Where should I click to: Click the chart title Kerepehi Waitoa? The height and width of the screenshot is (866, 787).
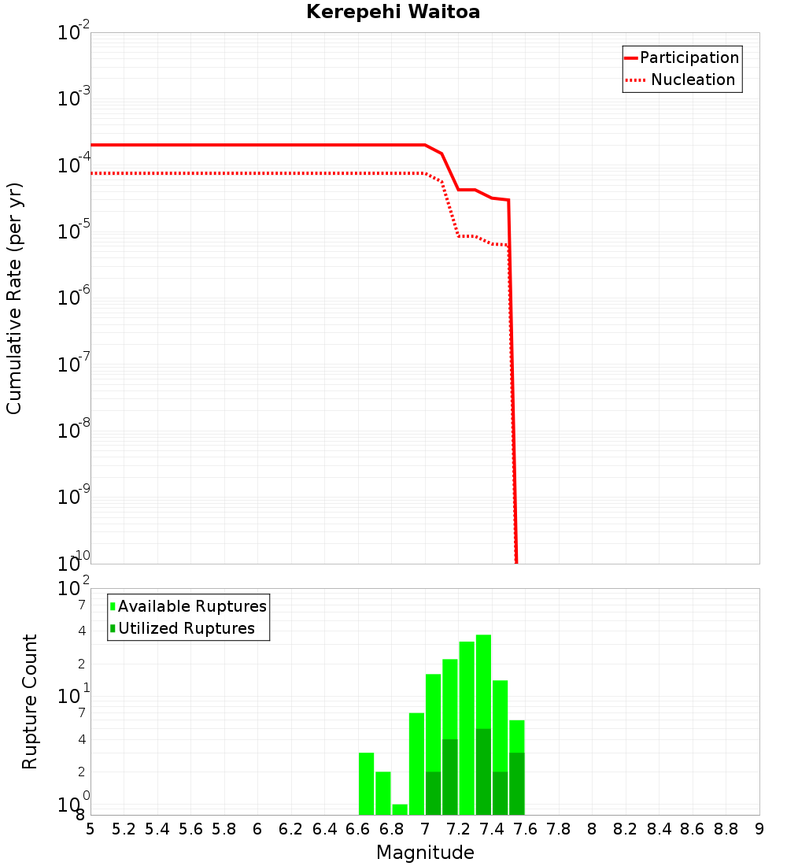[x=393, y=12]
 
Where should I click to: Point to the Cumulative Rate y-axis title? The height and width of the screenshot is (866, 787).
[x=14, y=298]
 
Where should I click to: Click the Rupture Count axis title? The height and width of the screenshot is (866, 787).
[x=30, y=701]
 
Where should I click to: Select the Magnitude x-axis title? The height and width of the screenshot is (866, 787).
[x=425, y=853]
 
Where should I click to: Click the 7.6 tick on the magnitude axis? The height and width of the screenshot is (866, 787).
[x=525, y=829]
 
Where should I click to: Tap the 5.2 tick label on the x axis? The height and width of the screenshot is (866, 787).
[x=124, y=829]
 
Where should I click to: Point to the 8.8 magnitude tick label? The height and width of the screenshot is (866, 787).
[x=726, y=829]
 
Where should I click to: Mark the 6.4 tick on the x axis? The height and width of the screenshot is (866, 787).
[x=324, y=829]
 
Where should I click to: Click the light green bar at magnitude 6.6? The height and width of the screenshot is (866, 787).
[x=366, y=783]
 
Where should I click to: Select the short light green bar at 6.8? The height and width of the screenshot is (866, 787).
[x=400, y=809]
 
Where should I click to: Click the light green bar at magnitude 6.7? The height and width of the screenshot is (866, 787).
[x=383, y=793]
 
